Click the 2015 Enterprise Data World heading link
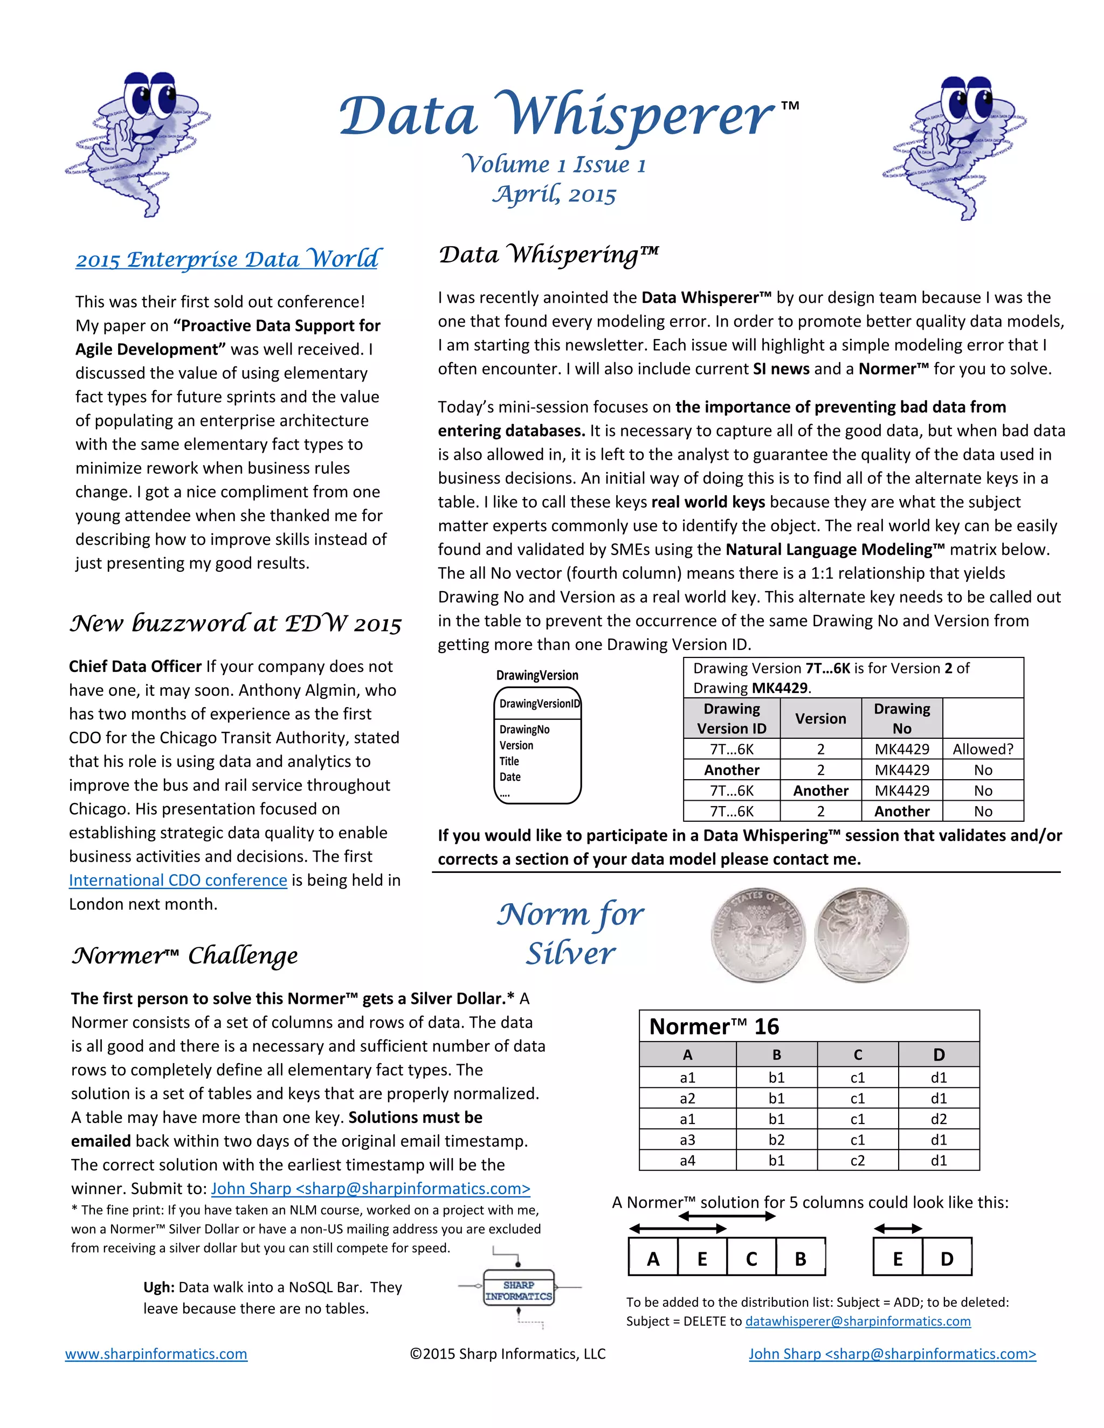tap(227, 259)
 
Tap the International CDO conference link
tap(178, 880)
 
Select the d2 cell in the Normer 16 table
tap(939, 1119)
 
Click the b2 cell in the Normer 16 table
tap(776, 1140)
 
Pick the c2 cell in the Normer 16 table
tap(858, 1161)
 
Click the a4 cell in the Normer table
tap(687, 1161)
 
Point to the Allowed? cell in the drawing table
tap(982, 750)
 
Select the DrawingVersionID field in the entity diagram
tap(539, 704)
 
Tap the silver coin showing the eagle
tap(758, 934)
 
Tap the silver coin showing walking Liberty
tap(861, 934)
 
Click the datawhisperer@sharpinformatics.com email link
tap(858, 1321)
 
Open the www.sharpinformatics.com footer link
tap(156, 1354)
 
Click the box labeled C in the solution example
tap(751, 1258)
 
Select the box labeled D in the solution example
tap(947, 1258)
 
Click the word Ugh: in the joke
tap(159, 1287)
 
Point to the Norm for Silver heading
tap(570, 934)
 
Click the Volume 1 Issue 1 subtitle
tap(553, 164)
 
